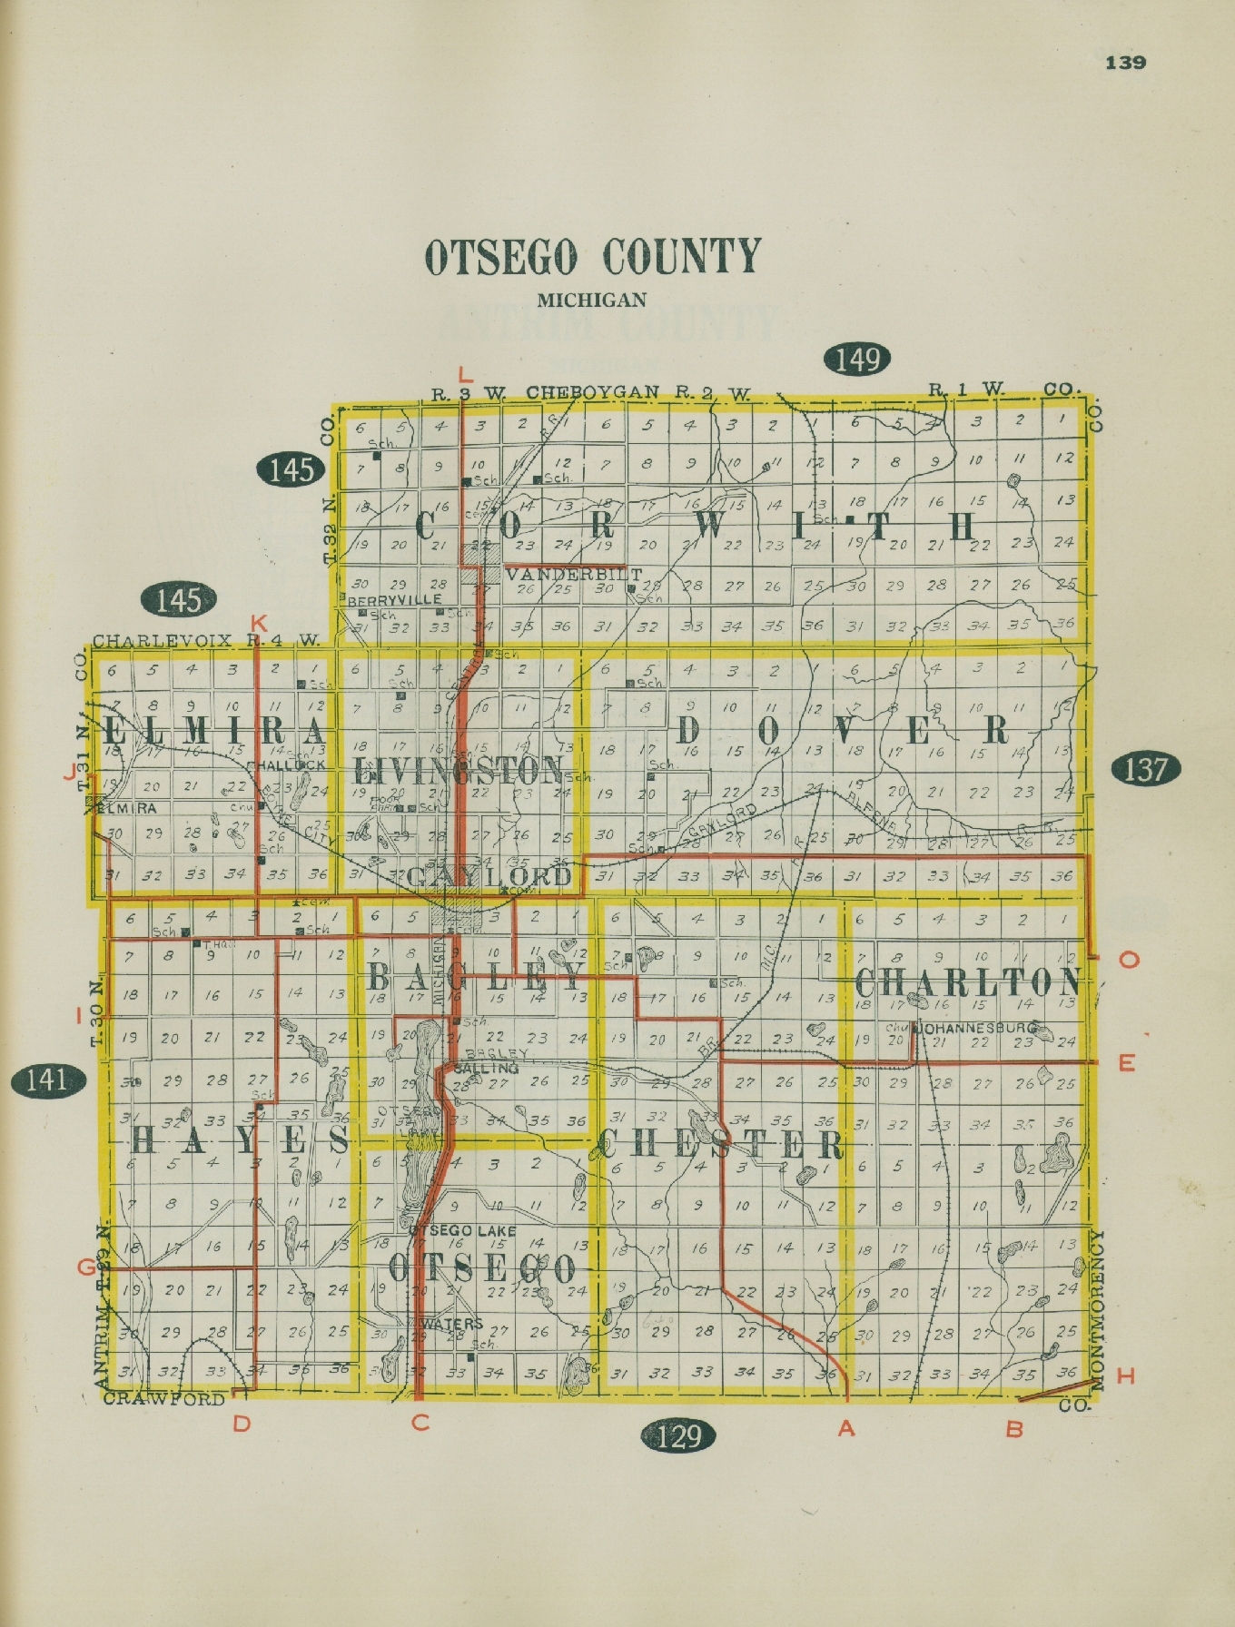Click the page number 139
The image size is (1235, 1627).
(1125, 63)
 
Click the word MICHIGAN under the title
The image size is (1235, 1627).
(591, 300)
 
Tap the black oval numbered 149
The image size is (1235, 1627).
(857, 360)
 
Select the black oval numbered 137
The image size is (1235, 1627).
(1146, 769)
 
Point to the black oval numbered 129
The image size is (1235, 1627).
(678, 1435)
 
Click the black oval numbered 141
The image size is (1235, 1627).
(47, 1080)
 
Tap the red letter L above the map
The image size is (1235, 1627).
(466, 374)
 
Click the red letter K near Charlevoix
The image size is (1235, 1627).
(259, 624)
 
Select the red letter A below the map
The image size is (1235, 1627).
(846, 1428)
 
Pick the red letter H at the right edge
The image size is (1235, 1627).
(1126, 1376)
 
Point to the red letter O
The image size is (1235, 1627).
(1129, 960)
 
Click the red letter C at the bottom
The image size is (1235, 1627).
(420, 1423)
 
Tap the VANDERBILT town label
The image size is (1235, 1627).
(574, 575)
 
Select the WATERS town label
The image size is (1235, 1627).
(452, 1324)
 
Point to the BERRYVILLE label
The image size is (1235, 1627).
(394, 600)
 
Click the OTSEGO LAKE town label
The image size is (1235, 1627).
(463, 1230)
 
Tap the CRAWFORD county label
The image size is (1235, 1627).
(163, 1398)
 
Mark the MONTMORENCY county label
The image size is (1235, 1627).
(1096, 1310)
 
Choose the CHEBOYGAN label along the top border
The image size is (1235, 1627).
(592, 393)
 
